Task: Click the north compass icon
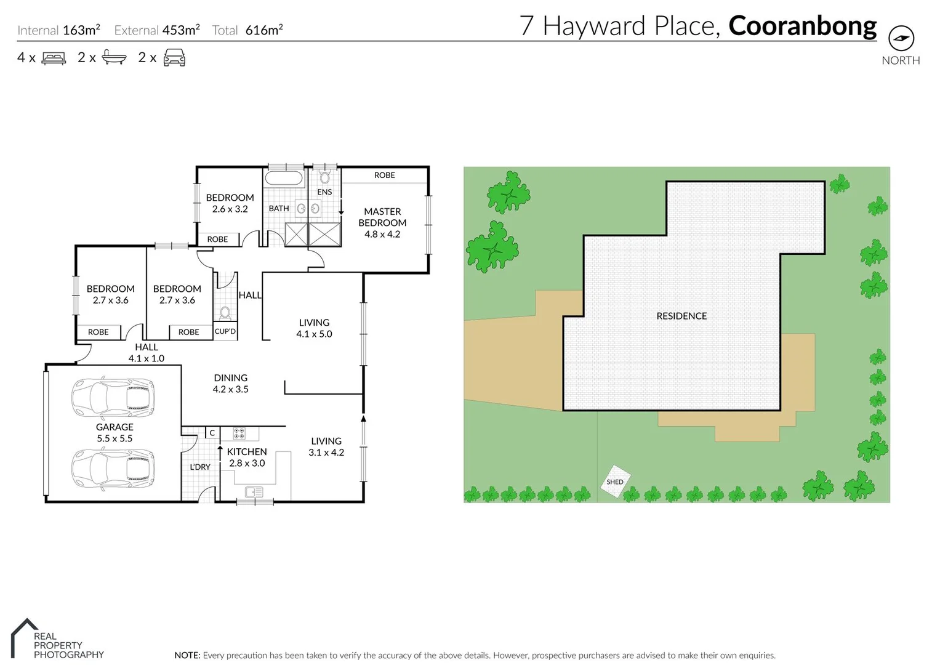pos(901,38)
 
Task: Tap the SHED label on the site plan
pos(614,482)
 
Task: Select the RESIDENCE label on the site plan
pos(681,316)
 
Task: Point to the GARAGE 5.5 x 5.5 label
pos(114,432)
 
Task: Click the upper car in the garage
pos(113,398)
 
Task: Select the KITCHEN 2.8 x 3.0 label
pos(247,457)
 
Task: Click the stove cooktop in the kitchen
pos(239,433)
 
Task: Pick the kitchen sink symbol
pos(254,492)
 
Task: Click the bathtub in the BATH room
pos(283,179)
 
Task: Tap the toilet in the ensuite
pos(324,178)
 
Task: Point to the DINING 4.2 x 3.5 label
pos(231,383)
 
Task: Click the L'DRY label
pos(200,467)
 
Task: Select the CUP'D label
pos(225,331)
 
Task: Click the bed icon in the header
pos(54,58)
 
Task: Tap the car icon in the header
pos(174,58)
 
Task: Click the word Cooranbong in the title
pos(802,26)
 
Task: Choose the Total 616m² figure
pos(247,30)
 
